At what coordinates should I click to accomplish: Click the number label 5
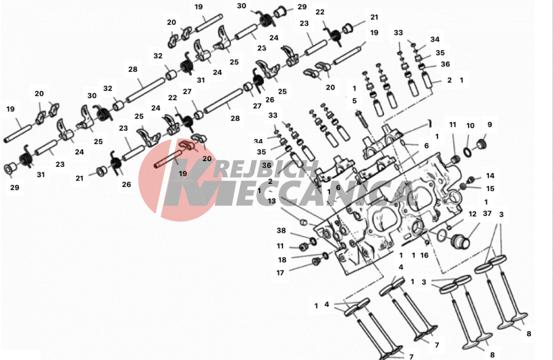354,101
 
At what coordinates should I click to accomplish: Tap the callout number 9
489,125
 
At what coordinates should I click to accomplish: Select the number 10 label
470,126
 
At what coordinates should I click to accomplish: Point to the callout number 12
472,214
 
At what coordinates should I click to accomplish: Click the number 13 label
272,201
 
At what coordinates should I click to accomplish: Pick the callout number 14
490,176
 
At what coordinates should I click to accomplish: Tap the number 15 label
490,189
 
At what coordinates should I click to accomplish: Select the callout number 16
424,255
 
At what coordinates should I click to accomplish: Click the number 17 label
280,273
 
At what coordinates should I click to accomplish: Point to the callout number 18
282,260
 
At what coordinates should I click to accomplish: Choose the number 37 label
487,214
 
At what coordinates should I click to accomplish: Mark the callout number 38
281,230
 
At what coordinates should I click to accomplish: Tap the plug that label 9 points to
480,145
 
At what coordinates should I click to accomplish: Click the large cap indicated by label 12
460,242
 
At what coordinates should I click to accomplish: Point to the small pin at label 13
302,222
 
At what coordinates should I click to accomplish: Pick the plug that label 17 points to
316,262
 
